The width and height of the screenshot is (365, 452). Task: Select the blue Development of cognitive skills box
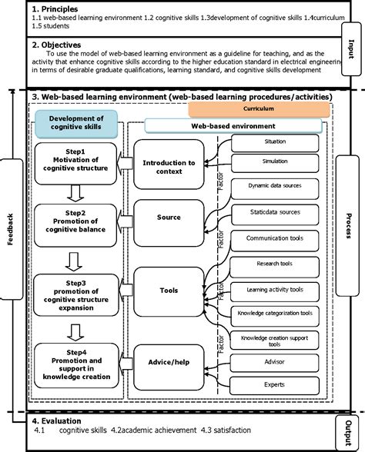(x=75, y=123)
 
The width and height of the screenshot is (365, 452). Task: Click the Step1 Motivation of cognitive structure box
(x=75, y=163)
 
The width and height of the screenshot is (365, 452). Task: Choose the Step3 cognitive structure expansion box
(x=75, y=291)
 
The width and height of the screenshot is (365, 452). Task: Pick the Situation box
(x=274, y=142)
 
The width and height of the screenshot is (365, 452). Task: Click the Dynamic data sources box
(x=274, y=185)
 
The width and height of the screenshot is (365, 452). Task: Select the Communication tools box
(x=274, y=238)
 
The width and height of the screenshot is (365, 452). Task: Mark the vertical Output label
(x=350, y=430)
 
